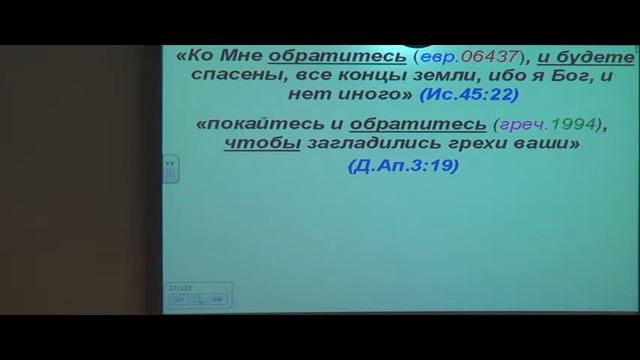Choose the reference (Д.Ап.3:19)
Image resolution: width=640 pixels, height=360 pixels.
tap(403, 166)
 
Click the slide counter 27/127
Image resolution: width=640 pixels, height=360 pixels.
tap(181, 286)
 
